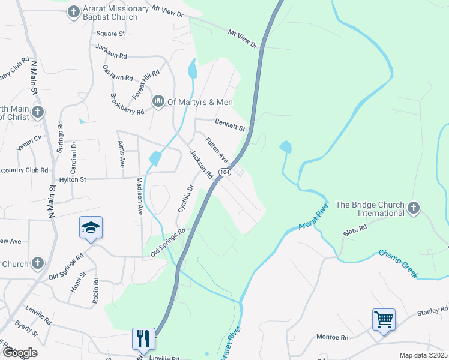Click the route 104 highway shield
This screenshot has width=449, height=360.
224,172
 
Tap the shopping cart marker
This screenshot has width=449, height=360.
384,319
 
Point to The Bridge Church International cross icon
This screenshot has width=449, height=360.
412,208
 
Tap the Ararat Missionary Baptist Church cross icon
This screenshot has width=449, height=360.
73,12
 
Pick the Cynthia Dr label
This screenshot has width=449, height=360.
186,199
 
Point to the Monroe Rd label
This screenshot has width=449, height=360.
336,338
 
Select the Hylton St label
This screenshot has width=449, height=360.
73,179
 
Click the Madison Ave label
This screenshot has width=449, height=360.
140,196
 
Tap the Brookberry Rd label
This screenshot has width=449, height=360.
127,104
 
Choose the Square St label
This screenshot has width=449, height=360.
110,34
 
